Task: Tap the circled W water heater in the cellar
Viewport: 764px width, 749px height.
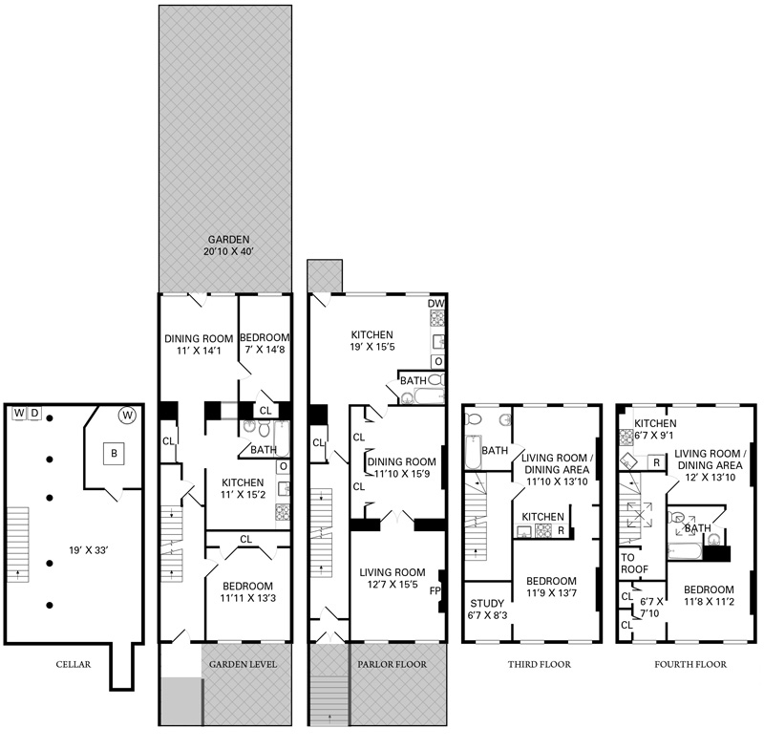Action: [126, 416]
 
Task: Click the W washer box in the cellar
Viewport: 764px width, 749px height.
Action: [18, 413]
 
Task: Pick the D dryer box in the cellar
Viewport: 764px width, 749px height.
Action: [35, 413]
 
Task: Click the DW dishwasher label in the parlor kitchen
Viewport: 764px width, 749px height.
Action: [436, 304]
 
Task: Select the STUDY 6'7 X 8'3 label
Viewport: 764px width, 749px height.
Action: [487, 609]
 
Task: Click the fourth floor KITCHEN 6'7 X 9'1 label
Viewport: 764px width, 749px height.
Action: [656, 430]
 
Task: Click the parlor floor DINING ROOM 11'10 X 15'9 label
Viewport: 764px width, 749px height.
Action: [401, 468]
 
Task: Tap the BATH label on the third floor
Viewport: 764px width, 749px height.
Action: [494, 450]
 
